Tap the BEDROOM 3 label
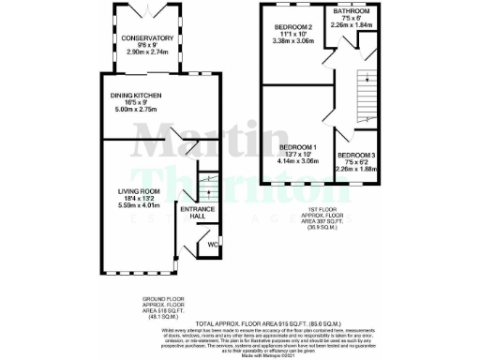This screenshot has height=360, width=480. pos(355,154)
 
